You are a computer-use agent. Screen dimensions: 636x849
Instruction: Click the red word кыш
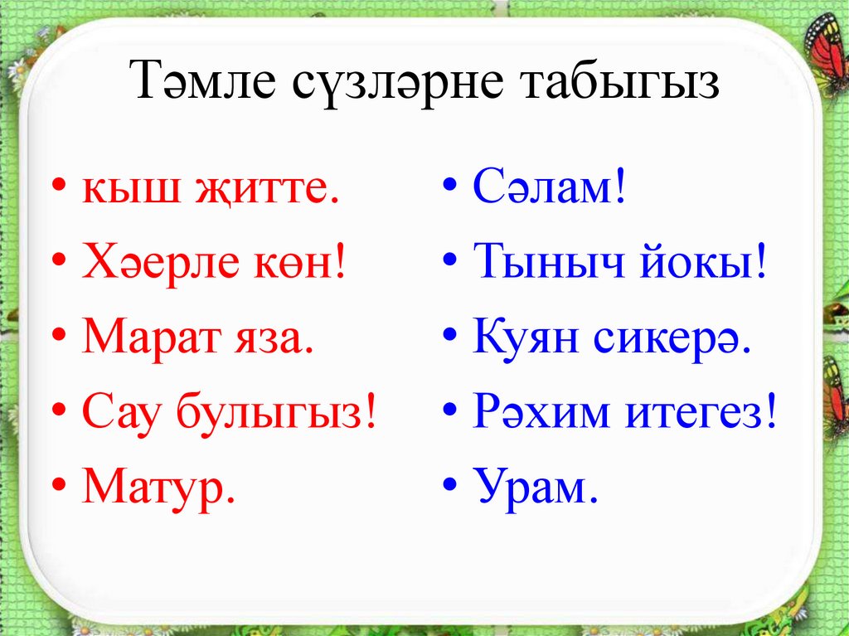[x=129, y=192]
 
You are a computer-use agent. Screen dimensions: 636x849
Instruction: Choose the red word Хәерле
[x=164, y=265]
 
